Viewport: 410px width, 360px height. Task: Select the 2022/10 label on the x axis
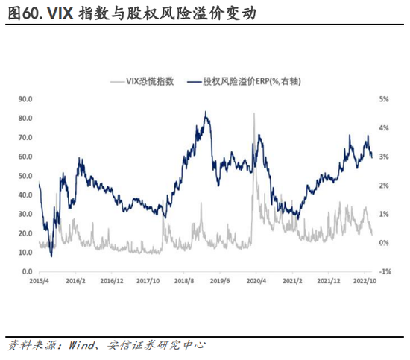point(364,282)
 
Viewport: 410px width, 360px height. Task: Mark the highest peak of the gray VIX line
point(254,113)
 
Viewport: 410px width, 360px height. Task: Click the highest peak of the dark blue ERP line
point(205,112)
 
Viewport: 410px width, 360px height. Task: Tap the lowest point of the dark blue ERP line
point(51,256)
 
